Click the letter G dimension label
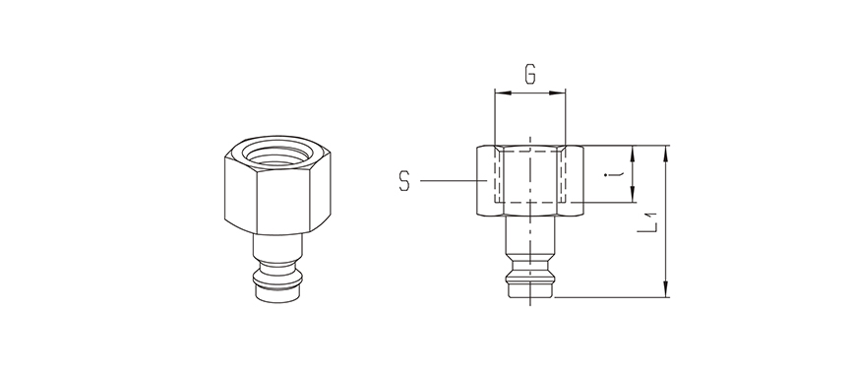530,75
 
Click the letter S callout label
404,181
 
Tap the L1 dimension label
648,222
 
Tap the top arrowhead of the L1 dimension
665,154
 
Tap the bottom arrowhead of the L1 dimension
665,289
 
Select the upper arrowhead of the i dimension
633,154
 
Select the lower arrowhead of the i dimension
633,195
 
